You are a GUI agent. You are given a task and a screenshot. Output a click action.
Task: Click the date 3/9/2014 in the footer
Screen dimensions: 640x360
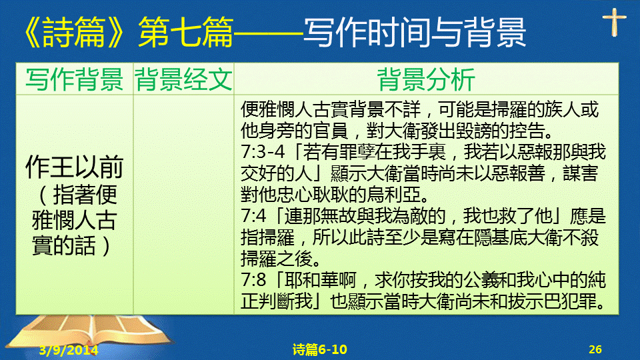pyautogui.click(x=69, y=350)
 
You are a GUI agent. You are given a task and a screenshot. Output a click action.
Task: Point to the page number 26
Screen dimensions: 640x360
pyautogui.click(x=595, y=349)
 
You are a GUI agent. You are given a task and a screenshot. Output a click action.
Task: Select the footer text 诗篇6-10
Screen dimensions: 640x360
pyautogui.click(x=319, y=349)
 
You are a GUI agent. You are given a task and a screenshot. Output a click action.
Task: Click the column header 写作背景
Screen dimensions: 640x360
pyautogui.click(x=74, y=79)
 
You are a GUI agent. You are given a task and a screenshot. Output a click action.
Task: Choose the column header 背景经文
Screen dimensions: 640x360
pyautogui.click(x=184, y=79)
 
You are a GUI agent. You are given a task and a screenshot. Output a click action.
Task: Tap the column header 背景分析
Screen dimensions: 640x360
pyautogui.click(x=426, y=79)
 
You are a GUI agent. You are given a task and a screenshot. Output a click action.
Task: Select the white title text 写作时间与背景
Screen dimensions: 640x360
pyautogui.click(x=415, y=32)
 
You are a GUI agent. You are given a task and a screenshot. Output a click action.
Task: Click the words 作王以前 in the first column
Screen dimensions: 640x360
pyautogui.click(x=74, y=167)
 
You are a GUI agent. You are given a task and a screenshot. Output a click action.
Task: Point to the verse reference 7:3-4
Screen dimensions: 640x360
pyautogui.click(x=263, y=152)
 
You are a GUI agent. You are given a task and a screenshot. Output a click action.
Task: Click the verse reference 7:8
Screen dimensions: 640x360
pyautogui.click(x=253, y=280)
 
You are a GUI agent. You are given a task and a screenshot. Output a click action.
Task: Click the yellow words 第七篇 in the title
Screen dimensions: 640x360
pyautogui.click(x=186, y=32)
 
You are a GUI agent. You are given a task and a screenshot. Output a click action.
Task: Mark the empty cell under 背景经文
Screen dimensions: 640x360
pyautogui.click(x=184, y=205)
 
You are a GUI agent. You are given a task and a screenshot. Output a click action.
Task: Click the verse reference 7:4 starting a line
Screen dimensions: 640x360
pyautogui.click(x=253, y=216)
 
